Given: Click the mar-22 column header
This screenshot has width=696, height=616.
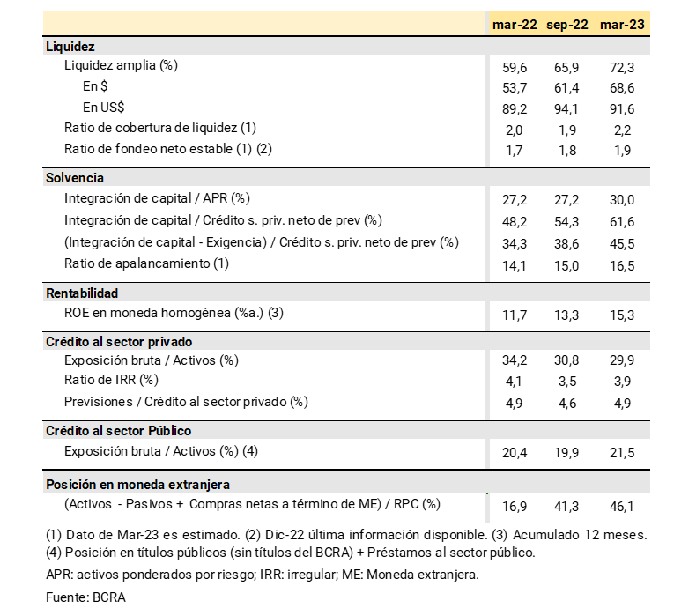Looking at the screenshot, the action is [515, 25].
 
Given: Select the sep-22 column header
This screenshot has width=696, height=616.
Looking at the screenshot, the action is [567, 25].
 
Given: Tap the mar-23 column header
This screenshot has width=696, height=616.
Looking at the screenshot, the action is [621, 25].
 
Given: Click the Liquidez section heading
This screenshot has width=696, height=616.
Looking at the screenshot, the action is [70, 47].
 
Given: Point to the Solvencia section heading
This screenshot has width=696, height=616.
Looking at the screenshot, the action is [75, 177].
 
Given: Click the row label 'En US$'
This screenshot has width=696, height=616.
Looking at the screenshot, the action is [104, 108].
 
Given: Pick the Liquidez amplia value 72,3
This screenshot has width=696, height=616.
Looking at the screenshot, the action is [621, 66].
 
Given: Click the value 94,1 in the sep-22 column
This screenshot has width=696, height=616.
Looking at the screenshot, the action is [568, 108].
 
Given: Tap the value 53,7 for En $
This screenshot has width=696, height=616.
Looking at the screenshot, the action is [515, 86].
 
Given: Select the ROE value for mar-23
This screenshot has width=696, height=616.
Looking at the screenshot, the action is [621, 314].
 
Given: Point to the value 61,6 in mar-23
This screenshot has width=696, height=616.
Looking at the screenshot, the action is [621, 220].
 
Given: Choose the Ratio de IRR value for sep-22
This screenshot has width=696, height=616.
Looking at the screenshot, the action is [568, 381].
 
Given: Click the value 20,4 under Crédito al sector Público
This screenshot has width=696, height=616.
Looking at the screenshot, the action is [515, 452].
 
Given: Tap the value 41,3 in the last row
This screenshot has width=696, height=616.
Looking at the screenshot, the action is [568, 505].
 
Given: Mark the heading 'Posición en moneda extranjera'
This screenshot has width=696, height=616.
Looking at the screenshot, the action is [137, 484].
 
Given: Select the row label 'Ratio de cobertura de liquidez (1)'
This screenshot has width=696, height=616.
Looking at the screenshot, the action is [160, 128].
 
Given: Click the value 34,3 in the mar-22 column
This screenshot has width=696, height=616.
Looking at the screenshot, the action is [515, 241].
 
